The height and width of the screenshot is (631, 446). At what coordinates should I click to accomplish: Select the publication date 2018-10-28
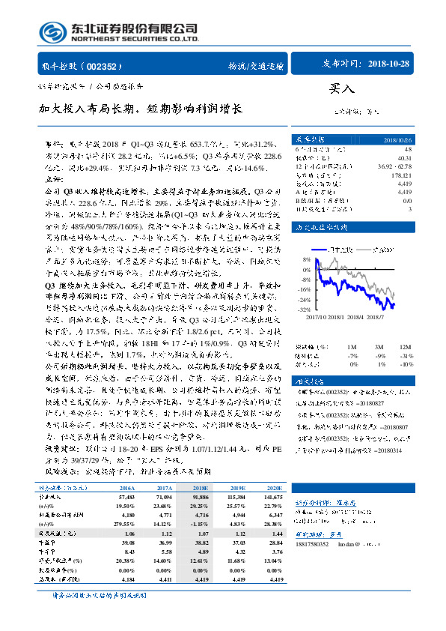[x=389, y=64]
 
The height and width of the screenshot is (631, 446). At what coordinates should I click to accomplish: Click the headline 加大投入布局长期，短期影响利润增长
[x=141, y=109]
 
